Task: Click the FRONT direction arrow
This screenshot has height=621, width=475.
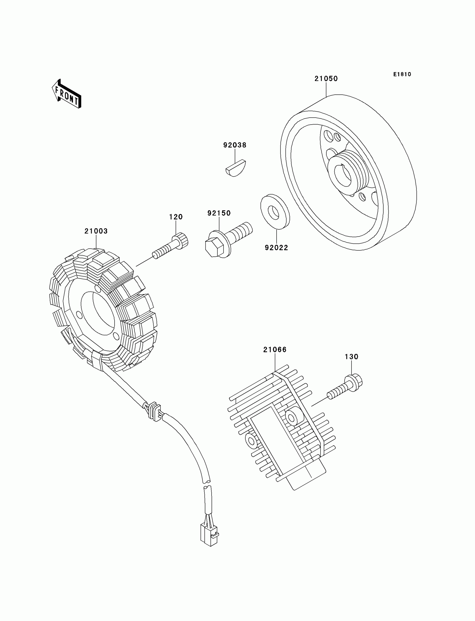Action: (67, 94)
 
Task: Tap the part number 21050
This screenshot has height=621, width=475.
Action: (326, 78)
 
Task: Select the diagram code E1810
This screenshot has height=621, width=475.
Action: (402, 74)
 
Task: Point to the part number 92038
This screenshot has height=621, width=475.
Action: (235, 145)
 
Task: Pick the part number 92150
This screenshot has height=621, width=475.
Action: (219, 213)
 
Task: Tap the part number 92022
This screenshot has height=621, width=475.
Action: (276, 248)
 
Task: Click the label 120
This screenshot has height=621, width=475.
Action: (176, 217)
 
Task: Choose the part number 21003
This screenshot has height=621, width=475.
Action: (96, 231)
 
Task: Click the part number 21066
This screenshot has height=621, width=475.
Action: (275, 350)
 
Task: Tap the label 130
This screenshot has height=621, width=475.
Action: (351, 357)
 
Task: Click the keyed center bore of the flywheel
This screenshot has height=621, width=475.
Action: (343, 175)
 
